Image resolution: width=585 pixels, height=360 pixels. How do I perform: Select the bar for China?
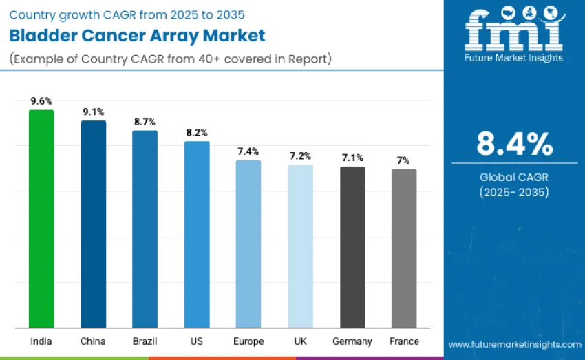(x=94, y=224)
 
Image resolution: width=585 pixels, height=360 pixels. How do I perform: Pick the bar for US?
(x=197, y=234)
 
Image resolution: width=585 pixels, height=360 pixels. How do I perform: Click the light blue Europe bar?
(x=248, y=244)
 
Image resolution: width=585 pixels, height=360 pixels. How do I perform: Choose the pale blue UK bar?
(x=300, y=246)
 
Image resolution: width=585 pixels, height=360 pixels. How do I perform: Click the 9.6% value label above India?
(x=41, y=100)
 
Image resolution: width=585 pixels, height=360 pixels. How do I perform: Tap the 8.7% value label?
(x=145, y=121)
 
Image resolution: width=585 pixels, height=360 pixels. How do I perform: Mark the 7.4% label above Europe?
(x=248, y=151)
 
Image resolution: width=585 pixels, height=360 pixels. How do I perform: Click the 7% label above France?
(x=404, y=160)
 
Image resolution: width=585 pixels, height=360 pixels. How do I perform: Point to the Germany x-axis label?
(x=352, y=341)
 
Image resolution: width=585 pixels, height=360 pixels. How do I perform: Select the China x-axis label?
(x=94, y=341)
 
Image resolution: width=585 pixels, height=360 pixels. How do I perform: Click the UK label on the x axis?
(x=300, y=341)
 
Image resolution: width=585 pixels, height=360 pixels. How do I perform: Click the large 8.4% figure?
(x=514, y=144)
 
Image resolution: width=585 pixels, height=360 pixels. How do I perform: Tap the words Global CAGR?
(x=514, y=178)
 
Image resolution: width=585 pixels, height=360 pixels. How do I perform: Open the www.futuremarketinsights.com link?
(x=514, y=344)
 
